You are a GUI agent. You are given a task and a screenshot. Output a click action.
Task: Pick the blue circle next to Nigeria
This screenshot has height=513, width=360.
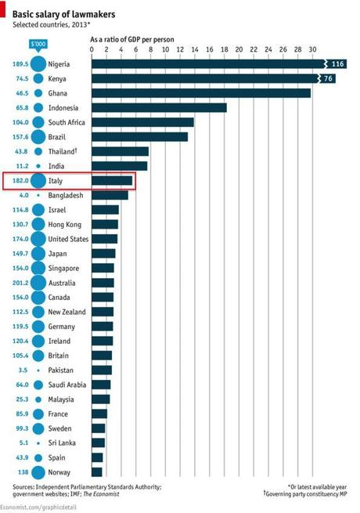38,63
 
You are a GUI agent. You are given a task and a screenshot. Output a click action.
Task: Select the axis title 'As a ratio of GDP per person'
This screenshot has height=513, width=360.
132,38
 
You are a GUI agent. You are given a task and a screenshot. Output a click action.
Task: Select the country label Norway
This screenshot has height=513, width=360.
60,472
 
